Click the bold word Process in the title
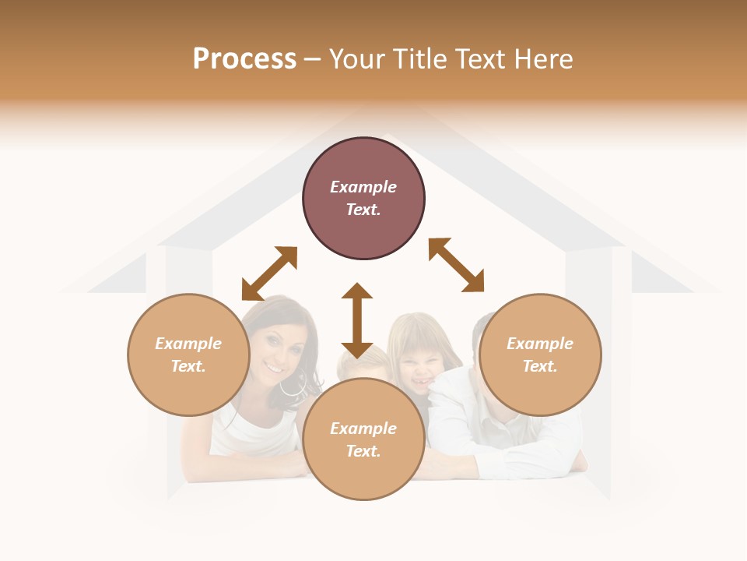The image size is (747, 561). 244,59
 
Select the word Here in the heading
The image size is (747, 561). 543,59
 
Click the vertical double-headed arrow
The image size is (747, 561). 357,320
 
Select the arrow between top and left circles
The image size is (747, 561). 269,273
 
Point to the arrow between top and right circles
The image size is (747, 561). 456,265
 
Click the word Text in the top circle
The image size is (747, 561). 363,210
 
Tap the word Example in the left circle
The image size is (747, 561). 188,344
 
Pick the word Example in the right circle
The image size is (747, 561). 540,344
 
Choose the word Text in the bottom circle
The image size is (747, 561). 363,451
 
